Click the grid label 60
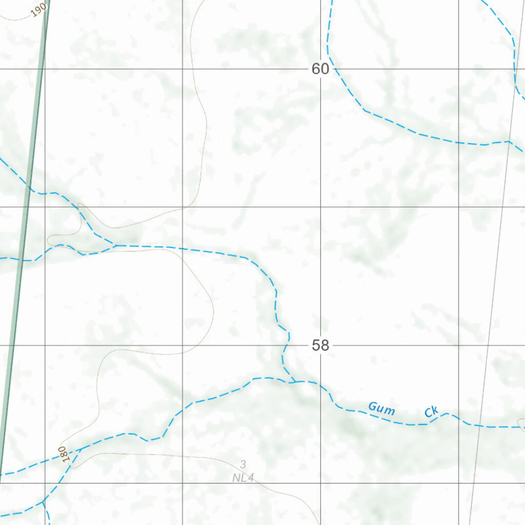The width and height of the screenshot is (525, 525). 320,69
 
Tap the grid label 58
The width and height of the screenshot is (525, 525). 320,346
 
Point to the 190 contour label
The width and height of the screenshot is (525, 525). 38,10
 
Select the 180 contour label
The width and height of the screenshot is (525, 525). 63,454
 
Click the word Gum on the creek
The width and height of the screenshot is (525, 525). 381,409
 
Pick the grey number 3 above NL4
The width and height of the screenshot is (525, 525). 243,465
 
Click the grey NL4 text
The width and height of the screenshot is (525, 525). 243,478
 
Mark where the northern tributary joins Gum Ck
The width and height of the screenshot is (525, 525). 294,382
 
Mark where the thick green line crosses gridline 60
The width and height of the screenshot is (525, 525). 41,69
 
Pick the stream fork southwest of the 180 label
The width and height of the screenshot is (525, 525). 44,500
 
